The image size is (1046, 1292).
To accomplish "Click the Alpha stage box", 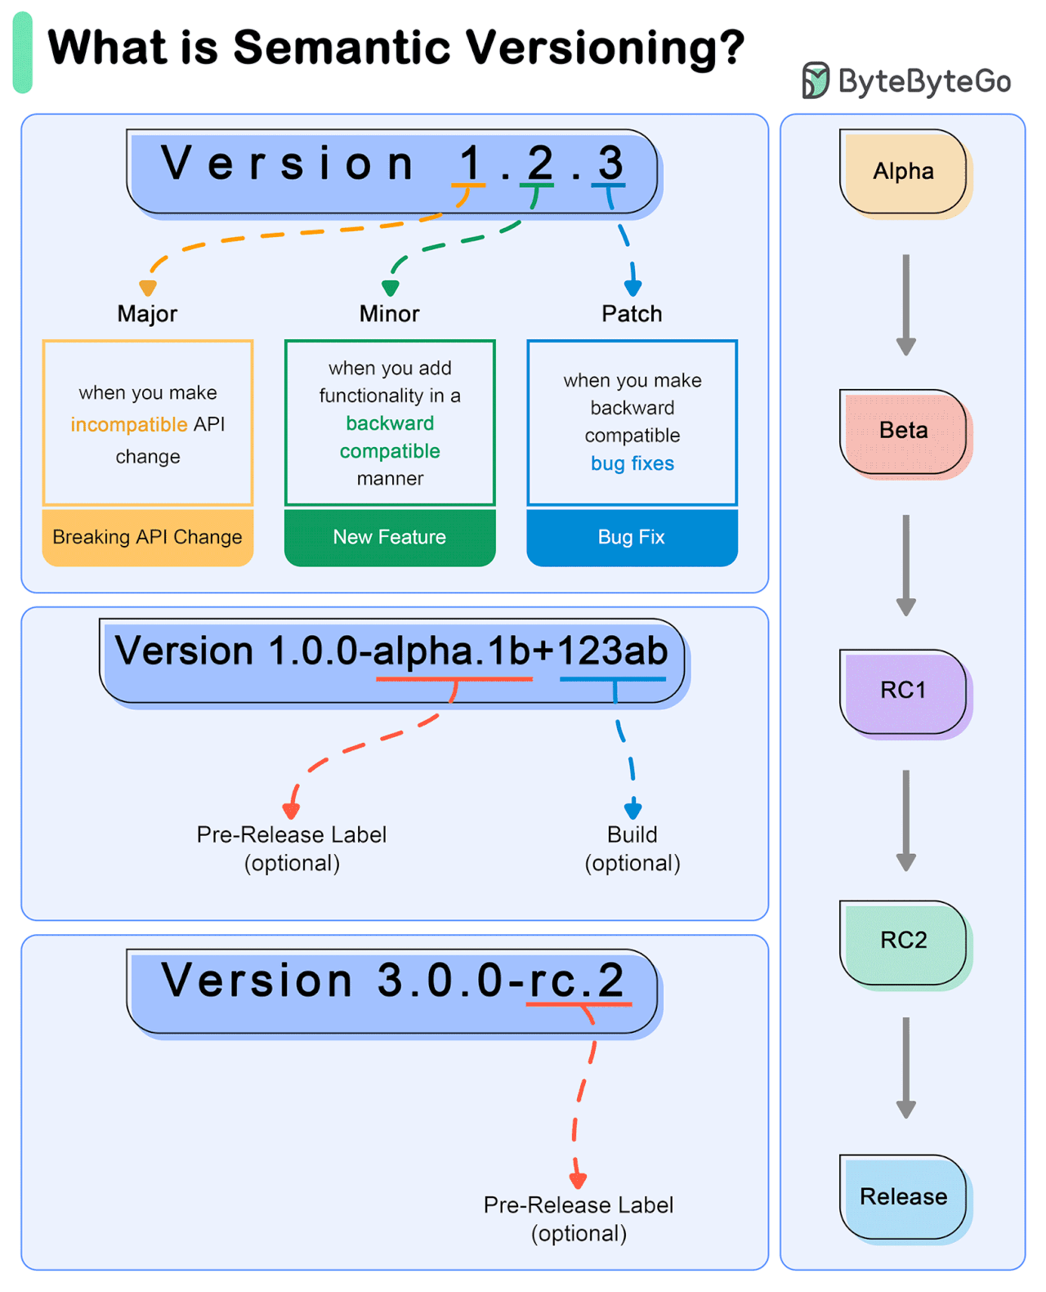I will (x=903, y=172).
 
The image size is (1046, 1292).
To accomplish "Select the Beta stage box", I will (x=903, y=431).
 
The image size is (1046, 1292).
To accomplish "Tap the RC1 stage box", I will (x=903, y=691).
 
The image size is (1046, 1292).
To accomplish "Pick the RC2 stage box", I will (x=903, y=941).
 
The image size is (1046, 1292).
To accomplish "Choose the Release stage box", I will (x=903, y=1197).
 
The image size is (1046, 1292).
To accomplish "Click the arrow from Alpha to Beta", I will (x=905, y=304).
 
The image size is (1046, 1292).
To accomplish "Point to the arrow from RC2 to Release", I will (x=905, y=1066).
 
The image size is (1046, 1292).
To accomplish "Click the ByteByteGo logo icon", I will (x=815, y=80).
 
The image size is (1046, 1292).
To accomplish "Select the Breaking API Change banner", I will (x=148, y=537).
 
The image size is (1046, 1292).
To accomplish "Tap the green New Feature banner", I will (x=390, y=537).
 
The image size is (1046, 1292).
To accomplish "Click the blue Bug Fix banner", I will (x=632, y=537).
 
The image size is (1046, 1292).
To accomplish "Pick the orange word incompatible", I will (x=129, y=425).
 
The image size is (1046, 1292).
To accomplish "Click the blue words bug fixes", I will (x=632, y=463).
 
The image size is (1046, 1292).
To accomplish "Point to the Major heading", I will (x=147, y=314).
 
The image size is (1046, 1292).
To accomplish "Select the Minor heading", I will (x=390, y=314).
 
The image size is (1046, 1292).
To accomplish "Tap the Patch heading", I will (x=632, y=314).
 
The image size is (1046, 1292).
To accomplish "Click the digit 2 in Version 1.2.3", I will (x=539, y=163).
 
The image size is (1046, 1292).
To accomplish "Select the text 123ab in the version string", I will (x=613, y=651).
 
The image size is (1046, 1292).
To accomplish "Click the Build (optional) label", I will (x=632, y=848).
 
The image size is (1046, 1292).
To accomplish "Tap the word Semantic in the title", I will (x=342, y=47).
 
